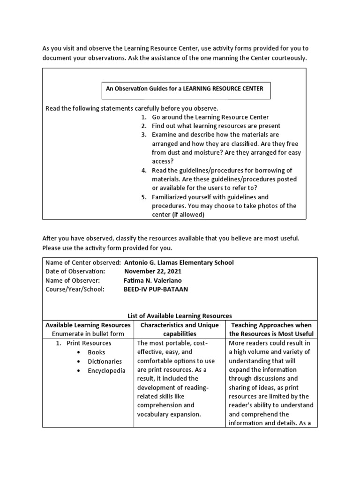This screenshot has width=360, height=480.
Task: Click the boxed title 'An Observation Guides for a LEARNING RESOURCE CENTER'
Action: [185, 89]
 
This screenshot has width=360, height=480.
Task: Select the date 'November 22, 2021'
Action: [152, 271]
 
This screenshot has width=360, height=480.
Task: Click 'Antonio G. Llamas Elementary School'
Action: [179, 262]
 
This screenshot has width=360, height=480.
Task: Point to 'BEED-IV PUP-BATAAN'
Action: [156, 289]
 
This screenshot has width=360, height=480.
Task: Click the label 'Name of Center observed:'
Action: [83, 262]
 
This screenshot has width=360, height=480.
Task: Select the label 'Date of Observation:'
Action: [75, 271]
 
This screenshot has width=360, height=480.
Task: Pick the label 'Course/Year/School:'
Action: [75, 289]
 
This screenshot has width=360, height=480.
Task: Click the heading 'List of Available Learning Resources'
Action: [180, 316]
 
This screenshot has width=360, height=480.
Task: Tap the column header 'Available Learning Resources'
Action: [88, 325]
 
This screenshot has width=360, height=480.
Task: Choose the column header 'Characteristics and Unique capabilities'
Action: [180, 330]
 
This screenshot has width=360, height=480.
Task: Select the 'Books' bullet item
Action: [96, 352]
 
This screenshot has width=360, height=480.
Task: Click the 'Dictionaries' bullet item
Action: [105, 361]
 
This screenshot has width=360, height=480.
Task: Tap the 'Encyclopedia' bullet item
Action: [106, 370]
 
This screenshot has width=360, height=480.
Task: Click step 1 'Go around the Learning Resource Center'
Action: [210, 117]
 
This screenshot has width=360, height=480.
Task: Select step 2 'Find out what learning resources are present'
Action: [216, 126]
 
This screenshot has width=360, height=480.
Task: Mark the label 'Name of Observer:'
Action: [72, 280]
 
